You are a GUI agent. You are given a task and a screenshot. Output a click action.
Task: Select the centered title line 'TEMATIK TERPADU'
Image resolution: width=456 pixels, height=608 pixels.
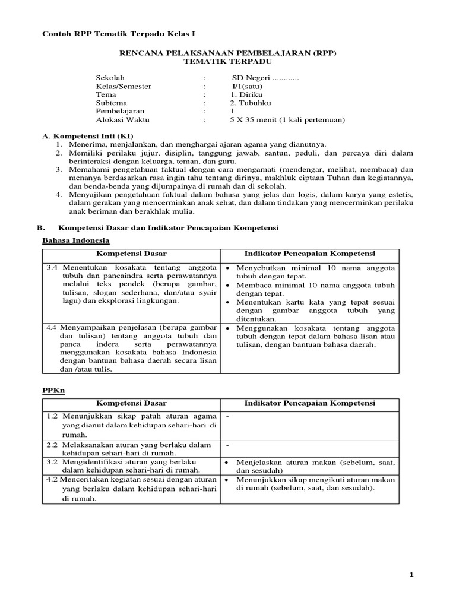(227, 62)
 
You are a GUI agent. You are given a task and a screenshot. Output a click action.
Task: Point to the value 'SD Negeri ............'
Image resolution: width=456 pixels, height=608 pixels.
(265, 78)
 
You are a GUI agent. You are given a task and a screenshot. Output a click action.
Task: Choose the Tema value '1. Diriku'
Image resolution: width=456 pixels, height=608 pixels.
(246, 94)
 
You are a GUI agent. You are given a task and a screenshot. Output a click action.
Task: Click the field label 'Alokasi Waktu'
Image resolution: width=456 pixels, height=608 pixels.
(123, 119)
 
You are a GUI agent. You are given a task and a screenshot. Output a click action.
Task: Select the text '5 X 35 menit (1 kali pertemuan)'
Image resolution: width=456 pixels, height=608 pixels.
(287, 119)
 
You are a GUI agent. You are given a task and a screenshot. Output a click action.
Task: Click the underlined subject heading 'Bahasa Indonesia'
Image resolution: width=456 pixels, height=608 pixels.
(75, 240)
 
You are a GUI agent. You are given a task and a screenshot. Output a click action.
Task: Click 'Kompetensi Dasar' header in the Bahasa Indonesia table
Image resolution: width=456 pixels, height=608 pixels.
(131, 254)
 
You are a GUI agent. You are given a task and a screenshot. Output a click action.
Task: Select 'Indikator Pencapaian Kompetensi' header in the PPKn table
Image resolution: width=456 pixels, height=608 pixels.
(309, 403)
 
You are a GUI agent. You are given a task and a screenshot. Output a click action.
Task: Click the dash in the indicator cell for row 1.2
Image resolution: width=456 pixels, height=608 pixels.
(227, 416)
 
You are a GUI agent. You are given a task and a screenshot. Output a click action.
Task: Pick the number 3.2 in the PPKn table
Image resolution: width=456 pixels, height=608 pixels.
(52, 461)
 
